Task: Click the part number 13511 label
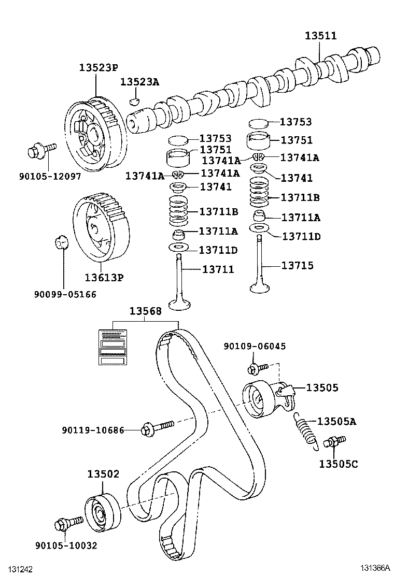pos(320,36)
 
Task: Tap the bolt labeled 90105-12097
pos(41,150)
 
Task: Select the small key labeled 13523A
pos(135,101)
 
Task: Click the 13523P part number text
pos(99,67)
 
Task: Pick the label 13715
pos(298,266)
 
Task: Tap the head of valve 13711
pos(180,305)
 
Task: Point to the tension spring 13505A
pos(306,431)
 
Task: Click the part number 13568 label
pos(145,311)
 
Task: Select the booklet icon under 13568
pos(113,347)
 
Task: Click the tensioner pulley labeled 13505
pos(269,398)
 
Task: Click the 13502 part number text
pos(103,474)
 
